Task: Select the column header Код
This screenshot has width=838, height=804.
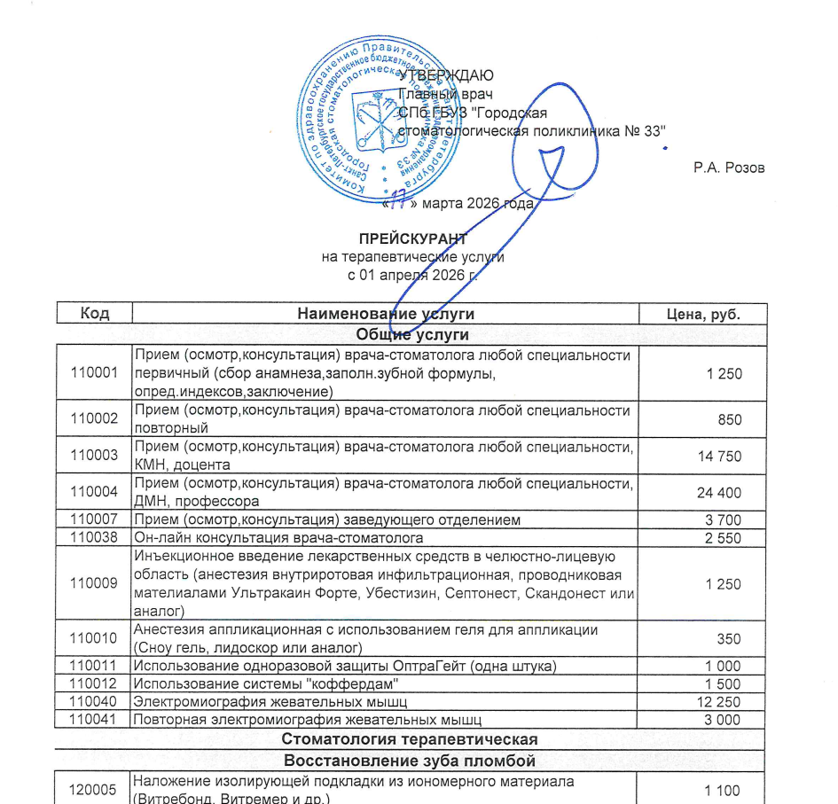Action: [94, 314]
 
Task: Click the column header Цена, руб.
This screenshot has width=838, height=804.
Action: [702, 314]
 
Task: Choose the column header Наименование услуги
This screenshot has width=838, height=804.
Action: [386, 314]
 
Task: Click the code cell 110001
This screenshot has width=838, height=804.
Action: [94, 373]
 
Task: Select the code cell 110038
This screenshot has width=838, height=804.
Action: [94, 537]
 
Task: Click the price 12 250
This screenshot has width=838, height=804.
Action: [718, 701]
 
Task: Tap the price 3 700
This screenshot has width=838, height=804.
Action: [723, 519]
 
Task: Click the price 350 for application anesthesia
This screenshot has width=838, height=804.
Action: [730, 638]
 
